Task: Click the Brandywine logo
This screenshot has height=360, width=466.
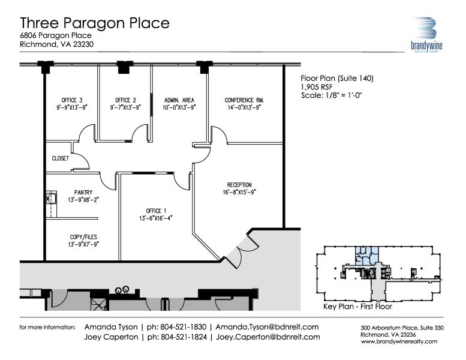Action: click(427, 34)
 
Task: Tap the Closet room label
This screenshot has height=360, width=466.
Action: click(61, 158)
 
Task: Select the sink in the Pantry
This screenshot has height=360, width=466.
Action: click(52, 198)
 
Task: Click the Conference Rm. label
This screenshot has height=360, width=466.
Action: click(244, 100)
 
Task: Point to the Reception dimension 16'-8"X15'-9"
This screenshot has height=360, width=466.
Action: click(239, 192)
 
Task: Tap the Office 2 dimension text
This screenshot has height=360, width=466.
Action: click(125, 107)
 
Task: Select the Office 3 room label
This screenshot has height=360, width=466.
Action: click(72, 100)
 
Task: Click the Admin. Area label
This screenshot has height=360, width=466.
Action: click(179, 100)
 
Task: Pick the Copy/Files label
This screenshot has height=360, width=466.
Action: click(83, 237)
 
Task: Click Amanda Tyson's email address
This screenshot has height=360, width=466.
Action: click(267, 327)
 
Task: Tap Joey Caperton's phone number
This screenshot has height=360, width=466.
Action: click(177, 337)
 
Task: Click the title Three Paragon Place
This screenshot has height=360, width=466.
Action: click(95, 23)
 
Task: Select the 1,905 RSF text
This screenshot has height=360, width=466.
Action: click(317, 87)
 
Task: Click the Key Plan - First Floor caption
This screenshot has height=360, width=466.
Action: click(358, 307)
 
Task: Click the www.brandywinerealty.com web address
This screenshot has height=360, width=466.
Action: click(399, 341)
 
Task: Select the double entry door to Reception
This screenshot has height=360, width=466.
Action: click(241, 250)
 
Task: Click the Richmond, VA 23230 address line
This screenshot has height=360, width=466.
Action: click(57, 44)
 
